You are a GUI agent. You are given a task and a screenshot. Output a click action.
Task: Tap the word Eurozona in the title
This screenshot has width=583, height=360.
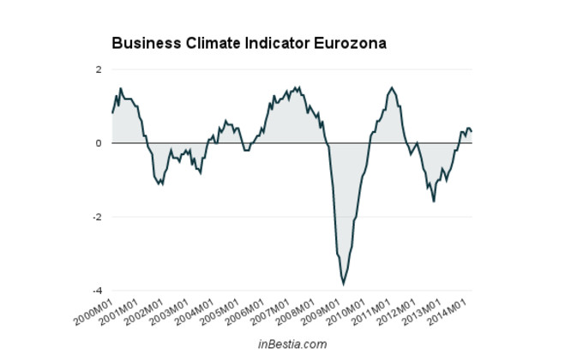coord(358,43)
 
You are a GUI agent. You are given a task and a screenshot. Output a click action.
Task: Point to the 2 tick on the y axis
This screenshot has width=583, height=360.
coord(99,69)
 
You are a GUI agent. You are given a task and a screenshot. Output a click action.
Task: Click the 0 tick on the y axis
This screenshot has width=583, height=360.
coord(99,143)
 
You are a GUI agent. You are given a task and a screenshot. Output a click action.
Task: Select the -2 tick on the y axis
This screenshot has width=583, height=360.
coord(97,217)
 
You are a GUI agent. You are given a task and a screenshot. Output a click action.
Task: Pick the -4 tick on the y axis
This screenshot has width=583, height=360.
coord(97,291)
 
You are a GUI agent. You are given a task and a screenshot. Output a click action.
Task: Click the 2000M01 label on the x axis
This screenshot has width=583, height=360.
coord(94,309)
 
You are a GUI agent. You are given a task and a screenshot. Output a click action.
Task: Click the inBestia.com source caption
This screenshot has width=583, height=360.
coord(291,344)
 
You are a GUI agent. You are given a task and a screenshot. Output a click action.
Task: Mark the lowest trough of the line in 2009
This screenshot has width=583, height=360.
coord(344,284)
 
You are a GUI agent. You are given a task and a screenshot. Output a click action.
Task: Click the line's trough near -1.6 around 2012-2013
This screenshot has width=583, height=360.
coord(434,201)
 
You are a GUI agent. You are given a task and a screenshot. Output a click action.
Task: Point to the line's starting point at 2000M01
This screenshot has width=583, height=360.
coord(111,113)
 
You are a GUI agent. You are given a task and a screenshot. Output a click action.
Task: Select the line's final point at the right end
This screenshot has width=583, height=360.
coord(472,132)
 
